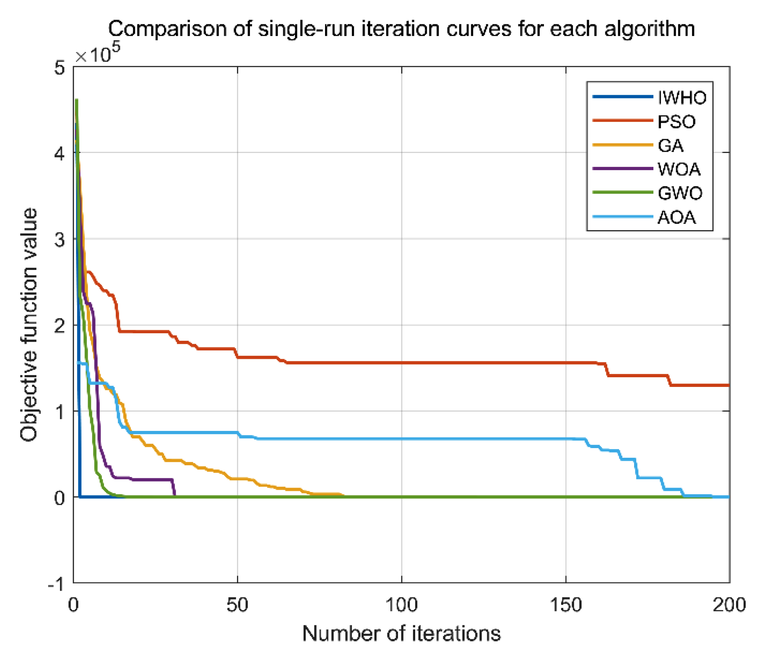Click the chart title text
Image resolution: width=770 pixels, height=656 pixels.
[x=401, y=29]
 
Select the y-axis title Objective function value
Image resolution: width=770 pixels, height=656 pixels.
[x=29, y=324]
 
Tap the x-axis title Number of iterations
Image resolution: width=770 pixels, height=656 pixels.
[x=401, y=633]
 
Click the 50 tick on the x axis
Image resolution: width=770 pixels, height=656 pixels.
[x=237, y=605]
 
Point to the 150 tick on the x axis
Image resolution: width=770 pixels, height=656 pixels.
[x=566, y=605]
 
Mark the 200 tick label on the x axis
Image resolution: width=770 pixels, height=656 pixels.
[x=729, y=605]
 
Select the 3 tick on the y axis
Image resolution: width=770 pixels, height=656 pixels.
[x=60, y=240]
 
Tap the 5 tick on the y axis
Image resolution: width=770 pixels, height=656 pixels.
[x=60, y=68]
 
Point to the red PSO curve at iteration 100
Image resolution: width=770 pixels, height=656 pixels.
[x=402, y=363]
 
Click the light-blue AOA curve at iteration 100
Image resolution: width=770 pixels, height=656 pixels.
[x=402, y=439]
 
